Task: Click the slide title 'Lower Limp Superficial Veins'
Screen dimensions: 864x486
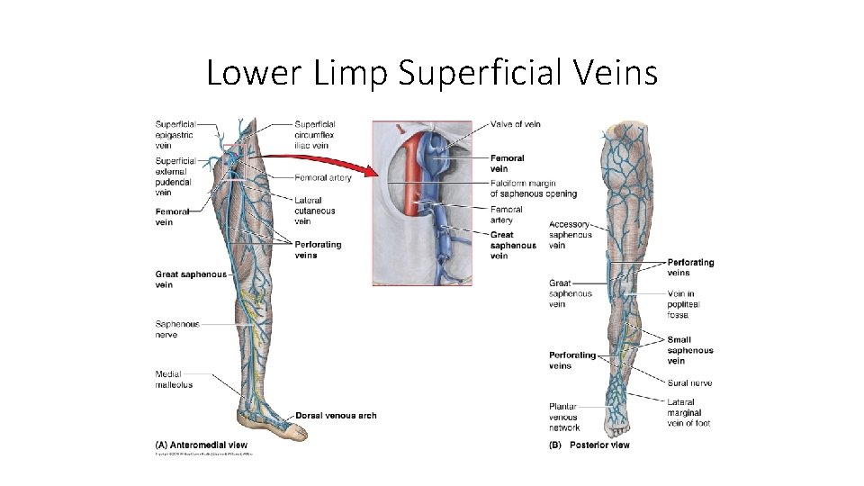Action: [x=432, y=72]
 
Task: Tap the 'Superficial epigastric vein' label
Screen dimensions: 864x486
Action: [x=175, y=135]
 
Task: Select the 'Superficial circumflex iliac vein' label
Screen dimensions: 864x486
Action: [x=315, y=135]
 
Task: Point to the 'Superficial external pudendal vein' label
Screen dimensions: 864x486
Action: [x=175, y=176]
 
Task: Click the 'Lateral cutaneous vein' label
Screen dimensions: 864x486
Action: [x=314, y=211]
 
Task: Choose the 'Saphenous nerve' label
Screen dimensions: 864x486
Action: [x=178, y=329]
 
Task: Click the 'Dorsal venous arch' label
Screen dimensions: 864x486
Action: [x=336, y=416]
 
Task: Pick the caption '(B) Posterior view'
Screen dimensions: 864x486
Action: [x=589, y=445]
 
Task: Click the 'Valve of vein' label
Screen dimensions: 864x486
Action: [x=516, y=124]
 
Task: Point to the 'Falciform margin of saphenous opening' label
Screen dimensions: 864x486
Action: [x=534, y=188]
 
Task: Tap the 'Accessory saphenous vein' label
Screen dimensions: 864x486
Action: [x=571, y=235]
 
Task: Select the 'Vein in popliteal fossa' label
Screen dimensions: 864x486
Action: [x=684, y=304]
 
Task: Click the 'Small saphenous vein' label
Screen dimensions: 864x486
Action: [x=690, y=350]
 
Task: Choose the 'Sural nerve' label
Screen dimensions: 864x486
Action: [x=689, y=382]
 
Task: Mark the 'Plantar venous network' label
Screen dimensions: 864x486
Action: [x=565, y=417]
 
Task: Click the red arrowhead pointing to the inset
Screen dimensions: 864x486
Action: [x=368, y=173]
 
